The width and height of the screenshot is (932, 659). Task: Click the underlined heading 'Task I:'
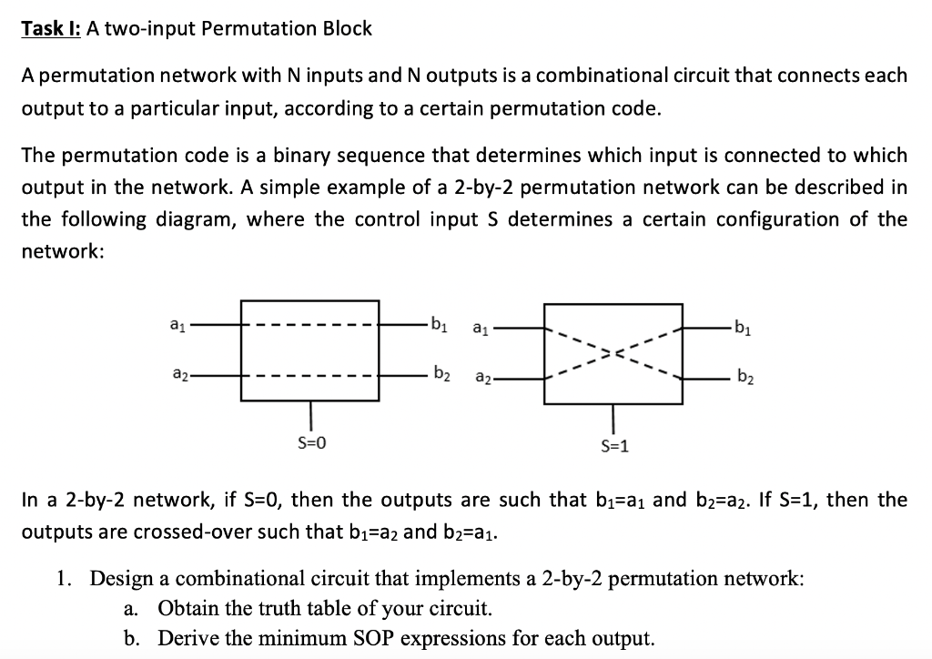(51, 28)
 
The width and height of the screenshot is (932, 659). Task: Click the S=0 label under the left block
(311, 443)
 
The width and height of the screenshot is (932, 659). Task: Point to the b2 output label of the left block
(440, 373)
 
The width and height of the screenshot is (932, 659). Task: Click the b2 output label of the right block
(745, 374)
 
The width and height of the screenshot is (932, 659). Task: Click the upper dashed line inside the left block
(310, 323)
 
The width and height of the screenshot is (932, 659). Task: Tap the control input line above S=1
(613, 418)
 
